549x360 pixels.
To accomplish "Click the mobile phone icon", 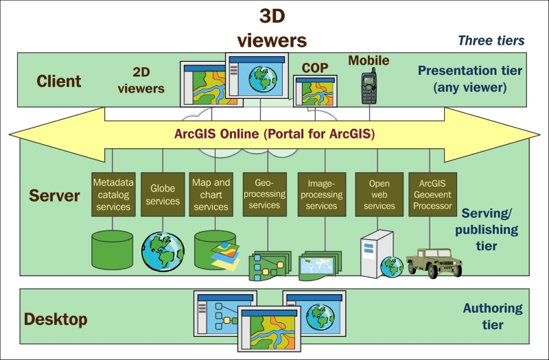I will tap(369, 86).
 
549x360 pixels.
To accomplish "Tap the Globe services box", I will tap(163, 194).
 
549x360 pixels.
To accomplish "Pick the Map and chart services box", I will tap(211, 194).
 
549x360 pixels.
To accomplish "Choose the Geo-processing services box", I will tap(264, 194).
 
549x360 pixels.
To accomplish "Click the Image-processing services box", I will tap(321, 194).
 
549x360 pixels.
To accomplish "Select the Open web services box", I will tap(379, 194).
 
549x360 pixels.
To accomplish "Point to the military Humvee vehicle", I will tap(430, 261).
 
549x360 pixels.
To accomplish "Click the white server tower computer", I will tap(375, 254).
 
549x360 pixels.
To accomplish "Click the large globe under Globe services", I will tap(163, 250).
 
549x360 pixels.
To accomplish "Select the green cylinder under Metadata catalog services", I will tap(112, 249).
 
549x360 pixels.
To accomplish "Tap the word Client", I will tap(58, 81).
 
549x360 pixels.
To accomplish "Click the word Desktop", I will tap(56, 319).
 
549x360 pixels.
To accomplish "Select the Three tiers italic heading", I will tap(491, 40).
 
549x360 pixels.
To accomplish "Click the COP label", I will tap(315, 68).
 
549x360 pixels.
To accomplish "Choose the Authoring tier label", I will tap(493, 316).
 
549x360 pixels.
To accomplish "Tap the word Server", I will tap(55, 195).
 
